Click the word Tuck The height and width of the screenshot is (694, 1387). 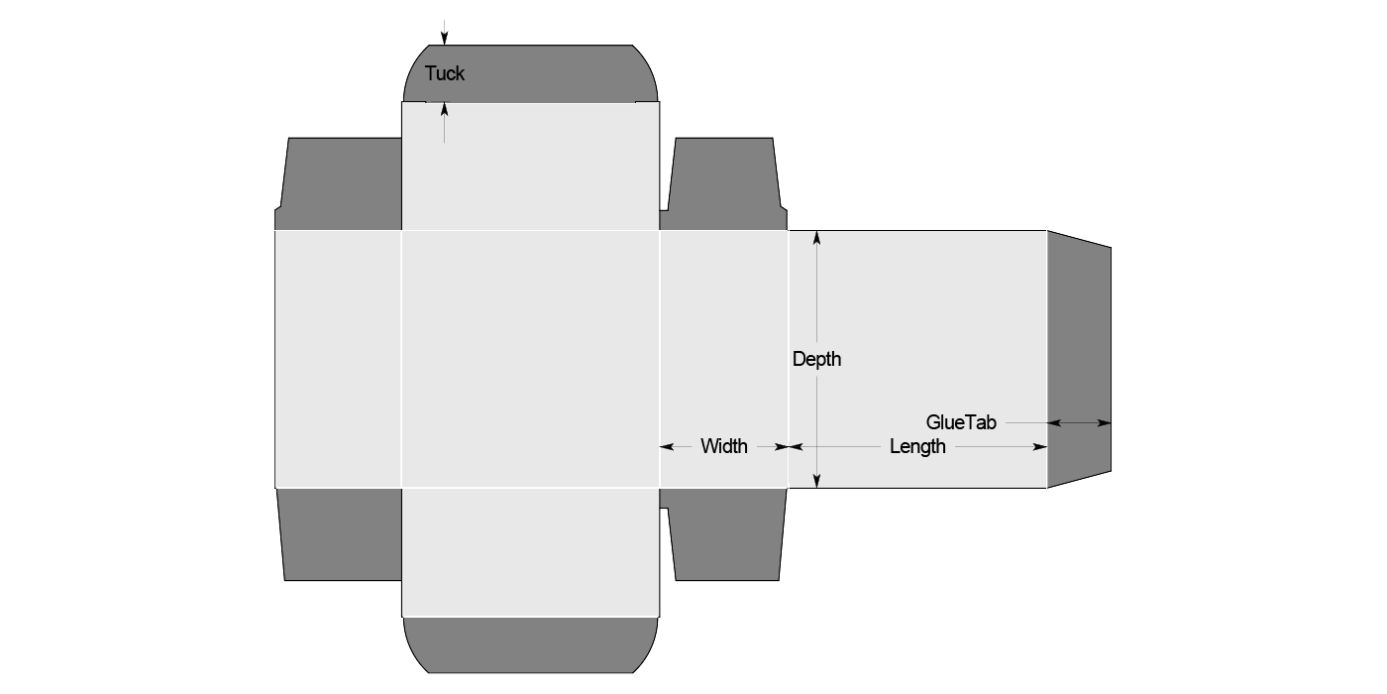[444, 73]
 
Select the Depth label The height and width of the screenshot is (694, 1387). [816, 359]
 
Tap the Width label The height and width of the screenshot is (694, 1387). [724, 446]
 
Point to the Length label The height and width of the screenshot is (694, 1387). [917, 446]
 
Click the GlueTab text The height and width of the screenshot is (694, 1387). [961, 422]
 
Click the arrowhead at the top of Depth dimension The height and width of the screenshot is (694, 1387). [816, 238]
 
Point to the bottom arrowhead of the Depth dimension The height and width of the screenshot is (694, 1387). [816, 481]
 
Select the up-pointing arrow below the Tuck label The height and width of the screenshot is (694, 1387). [445, 109]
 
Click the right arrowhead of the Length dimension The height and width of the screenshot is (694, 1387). [1041, 447]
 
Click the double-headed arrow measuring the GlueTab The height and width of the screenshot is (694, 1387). [1079, 423]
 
